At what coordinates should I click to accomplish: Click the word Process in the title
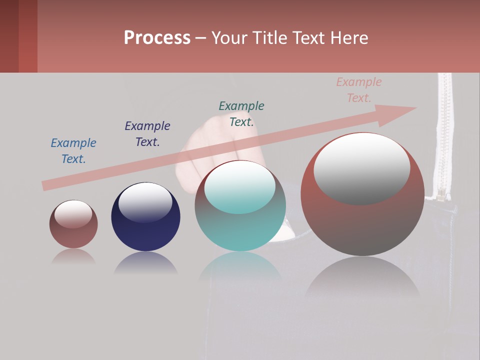[x=157, y=38]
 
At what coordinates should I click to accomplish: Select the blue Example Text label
[x=73, y=151]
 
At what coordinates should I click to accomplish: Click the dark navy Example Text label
[x=147, y=134]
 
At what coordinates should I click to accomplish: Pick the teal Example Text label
[x=241, y=114]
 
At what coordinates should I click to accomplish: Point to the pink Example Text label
[x=359, y=90]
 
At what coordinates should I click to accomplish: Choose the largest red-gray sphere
[x=362, y=225]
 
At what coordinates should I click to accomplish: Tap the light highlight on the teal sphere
[x=240, y=186]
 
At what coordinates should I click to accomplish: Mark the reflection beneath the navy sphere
[x=145, y=263]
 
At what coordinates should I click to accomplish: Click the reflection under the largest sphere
[x=362, y=280]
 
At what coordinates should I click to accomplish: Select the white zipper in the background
[x=442, y=135]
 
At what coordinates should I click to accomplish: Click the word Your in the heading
[x=230, y=38]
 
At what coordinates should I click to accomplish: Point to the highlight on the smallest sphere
[x=73, y=214]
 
